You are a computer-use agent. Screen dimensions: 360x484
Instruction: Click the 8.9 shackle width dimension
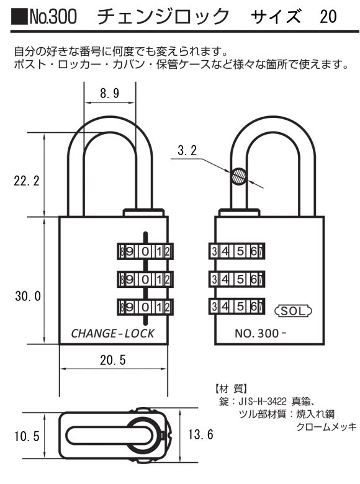pyautogui.click(x=110, y=93)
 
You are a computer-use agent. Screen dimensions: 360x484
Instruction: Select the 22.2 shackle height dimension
pyautogui.click(x=27, y=181)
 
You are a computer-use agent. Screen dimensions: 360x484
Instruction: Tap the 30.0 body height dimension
pyautogui.click(x=28, y=296)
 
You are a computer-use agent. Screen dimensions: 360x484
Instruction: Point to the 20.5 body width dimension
pyautogui.click(x=113, y=360)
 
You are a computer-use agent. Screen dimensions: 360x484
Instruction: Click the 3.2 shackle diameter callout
pyautogui.click(x=187, y=150)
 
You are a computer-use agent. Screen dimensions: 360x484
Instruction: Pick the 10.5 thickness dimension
pyautogui.click(x=27, y=436)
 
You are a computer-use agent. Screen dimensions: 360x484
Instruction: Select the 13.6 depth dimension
pyautogui.click(x=200, y=434)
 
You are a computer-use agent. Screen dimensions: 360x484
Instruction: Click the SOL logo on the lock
pyautogui.click(x=294, y=310)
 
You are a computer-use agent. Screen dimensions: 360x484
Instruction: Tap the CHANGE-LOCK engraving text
pyautogui.click(x=113, y=333)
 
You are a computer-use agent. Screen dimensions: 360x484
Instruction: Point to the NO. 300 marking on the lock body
pyautogui.click(x=260, y=333)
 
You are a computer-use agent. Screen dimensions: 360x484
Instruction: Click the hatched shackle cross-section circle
pyautogui.click(x=239, y=176)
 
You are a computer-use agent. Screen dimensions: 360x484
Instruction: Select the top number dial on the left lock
pyautogui.click(x=145, y=251)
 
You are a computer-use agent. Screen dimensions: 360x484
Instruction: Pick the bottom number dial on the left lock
pyautogui.click(x=145, y=307)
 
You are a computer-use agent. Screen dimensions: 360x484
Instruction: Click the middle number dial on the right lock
pyautogui.click(x=237, y=279)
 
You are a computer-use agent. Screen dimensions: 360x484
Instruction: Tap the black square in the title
pyautogui.click(x=19, y=16)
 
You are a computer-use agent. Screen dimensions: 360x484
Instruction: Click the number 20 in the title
pyautogui.click(x=328, y=16)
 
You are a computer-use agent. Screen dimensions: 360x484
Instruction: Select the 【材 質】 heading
pyautogui.click(x=232, y=388)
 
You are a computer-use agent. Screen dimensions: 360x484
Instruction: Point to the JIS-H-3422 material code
pyautogui.click(x=263, y=401)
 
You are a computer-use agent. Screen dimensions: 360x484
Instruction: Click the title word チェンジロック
pyautogui.click(x=164, y=16)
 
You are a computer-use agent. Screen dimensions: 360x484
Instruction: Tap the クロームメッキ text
pyautogui.click(x=326, y=427)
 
